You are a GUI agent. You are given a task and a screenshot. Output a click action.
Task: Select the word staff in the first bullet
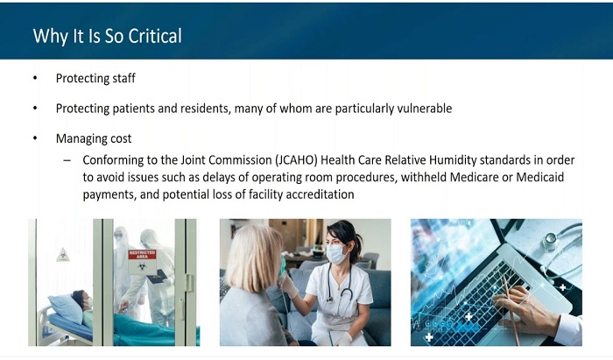click(x=124, y=78)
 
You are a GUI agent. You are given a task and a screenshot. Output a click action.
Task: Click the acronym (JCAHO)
click(x=296, y=160)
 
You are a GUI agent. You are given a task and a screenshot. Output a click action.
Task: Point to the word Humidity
click(x=453, y=160)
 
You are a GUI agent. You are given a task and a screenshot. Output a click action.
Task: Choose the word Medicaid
click(x=540, y=177)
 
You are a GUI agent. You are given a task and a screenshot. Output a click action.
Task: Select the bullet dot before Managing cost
click(x=35, y=138)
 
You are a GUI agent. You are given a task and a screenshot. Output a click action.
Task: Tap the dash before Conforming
click(x=67, y=160)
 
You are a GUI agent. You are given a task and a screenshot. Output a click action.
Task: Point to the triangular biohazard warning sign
click(x=62, y=255)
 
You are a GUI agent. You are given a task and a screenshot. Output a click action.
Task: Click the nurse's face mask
click(x=336, y=254)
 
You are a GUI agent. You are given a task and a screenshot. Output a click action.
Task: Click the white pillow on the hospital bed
click(x=66, y=307)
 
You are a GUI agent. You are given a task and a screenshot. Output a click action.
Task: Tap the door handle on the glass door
click(x=189, y=283)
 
